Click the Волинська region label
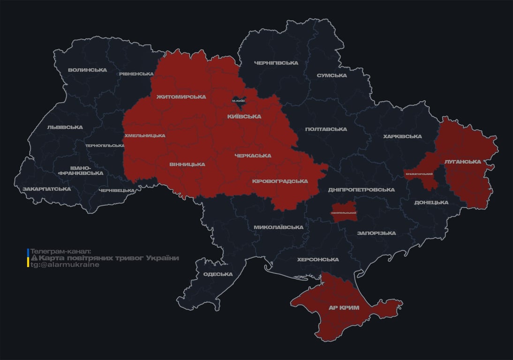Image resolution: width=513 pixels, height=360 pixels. tap(87, 70)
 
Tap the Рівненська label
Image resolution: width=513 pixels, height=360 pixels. tap(136, 74)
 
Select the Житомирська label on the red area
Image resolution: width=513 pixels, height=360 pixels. tap(181, 97)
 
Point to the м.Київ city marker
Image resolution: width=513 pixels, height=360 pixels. tap(239, 100)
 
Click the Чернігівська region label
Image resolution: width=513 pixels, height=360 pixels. tap(276, 63)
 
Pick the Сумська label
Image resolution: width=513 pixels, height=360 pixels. tap(332, 75)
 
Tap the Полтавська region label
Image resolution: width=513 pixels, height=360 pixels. tap(326, 129)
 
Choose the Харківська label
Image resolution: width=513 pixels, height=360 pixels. tap(402, 136)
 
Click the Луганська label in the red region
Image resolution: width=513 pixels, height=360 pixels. tap(463, 161)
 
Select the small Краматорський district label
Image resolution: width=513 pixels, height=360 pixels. tap(419, 174)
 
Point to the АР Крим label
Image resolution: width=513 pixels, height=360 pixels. tap(344, 307)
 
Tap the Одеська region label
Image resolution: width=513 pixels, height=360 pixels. tap(218, 274)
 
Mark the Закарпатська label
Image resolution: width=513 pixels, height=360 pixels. tap(46, 189)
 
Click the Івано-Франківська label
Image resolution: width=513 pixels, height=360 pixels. tap(81, 170)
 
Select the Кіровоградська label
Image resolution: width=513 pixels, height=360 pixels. tap(280, 181)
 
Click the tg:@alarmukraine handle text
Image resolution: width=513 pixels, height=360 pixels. tap(65, 265)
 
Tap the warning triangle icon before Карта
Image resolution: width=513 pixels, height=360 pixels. tap(34, 258)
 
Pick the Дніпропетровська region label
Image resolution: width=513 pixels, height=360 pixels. tap(361, 189)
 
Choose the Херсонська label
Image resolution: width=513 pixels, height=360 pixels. tap(318, 259)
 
